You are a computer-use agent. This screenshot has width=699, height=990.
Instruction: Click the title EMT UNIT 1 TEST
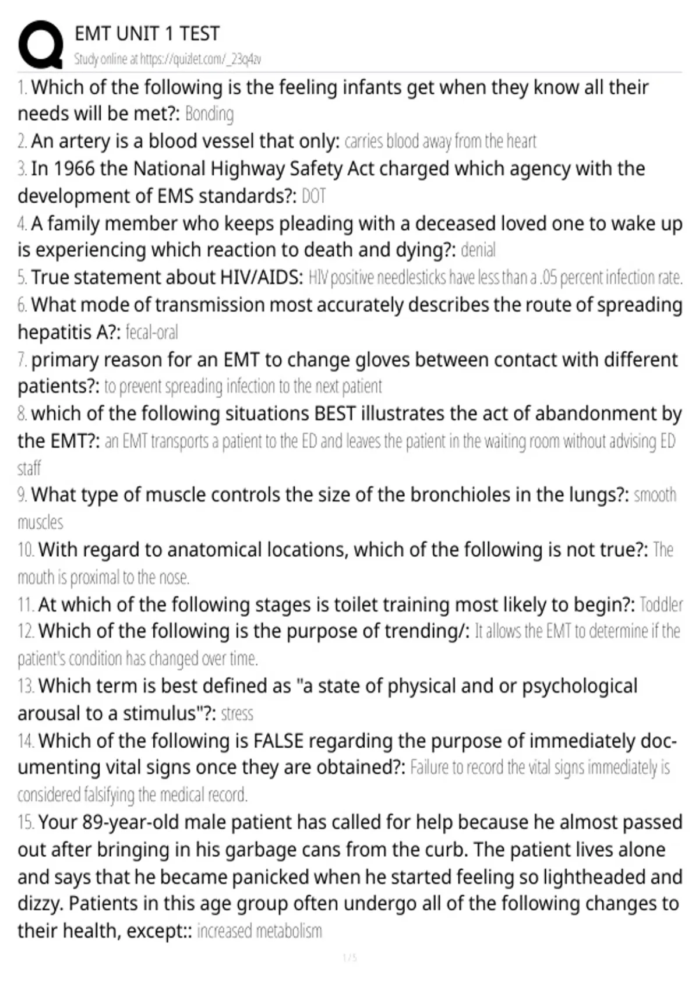point(147,34)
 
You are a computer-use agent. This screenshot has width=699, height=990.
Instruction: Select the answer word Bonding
point(209,114)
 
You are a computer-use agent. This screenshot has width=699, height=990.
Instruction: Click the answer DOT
point(313,196)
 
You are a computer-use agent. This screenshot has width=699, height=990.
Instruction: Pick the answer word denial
point(478,250)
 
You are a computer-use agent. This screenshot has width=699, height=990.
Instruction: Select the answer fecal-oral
point(151,333)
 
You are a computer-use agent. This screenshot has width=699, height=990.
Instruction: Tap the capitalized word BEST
point(335,413)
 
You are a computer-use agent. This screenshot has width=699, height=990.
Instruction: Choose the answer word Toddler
point(661,605)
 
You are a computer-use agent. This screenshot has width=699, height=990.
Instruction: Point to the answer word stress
point(237,714)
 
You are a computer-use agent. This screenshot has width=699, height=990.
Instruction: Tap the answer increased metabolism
point(259,931)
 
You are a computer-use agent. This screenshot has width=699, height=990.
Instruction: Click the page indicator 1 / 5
point(349,958)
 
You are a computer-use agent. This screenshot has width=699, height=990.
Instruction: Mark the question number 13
point(25,687)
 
